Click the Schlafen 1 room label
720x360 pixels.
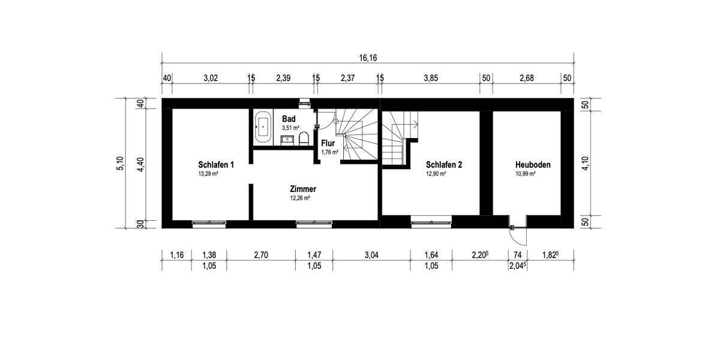coord(215,164)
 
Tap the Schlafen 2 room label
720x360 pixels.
coord(443,164)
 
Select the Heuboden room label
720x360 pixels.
coord(532,164)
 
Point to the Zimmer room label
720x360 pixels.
coord(303,189)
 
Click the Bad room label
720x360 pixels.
coord(289,119)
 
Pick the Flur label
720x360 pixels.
coord(328,144)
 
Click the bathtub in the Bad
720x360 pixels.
coord(263,127)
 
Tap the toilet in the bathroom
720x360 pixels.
coord(303,139)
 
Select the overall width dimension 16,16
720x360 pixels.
coord(368,58)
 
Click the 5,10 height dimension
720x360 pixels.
coord(121,163)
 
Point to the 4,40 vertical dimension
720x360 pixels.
coord(140,163)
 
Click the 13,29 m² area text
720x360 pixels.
coord(208,174)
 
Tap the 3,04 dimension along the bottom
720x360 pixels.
coord(371,255)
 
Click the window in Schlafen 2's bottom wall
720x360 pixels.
coord(431,223)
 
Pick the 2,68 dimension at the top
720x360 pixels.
coord(526,78)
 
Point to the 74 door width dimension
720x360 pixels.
coord(515,255)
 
